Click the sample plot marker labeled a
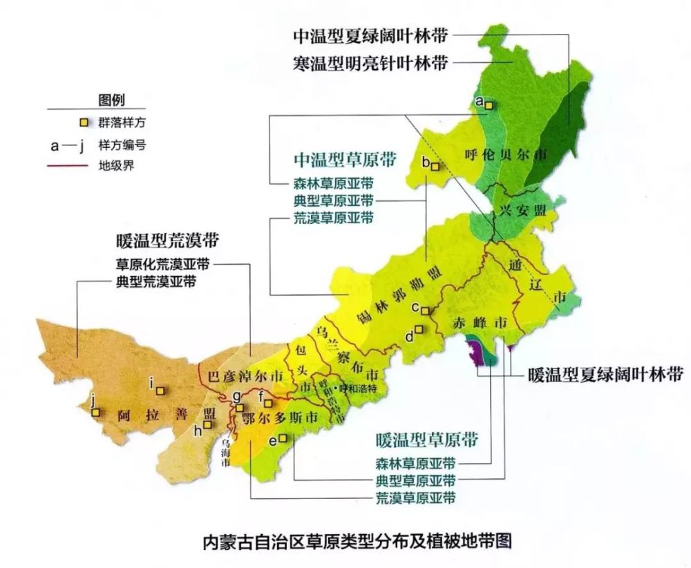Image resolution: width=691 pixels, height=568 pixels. tap(489, 105)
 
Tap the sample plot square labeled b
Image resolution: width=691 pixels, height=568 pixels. tap(435, 167)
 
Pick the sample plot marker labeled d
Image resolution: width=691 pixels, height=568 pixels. tap(419, 330)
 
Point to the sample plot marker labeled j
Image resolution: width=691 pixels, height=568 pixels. tap(97, 413)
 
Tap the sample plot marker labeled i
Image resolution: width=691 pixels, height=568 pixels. tap(160, 390)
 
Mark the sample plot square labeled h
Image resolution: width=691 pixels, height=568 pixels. tap(206, 425)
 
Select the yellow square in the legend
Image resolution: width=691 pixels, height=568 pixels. tap(83, 123)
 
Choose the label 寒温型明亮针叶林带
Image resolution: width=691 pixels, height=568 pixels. tap(369, 63)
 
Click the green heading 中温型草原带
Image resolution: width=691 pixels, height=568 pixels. tap(345, 160)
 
